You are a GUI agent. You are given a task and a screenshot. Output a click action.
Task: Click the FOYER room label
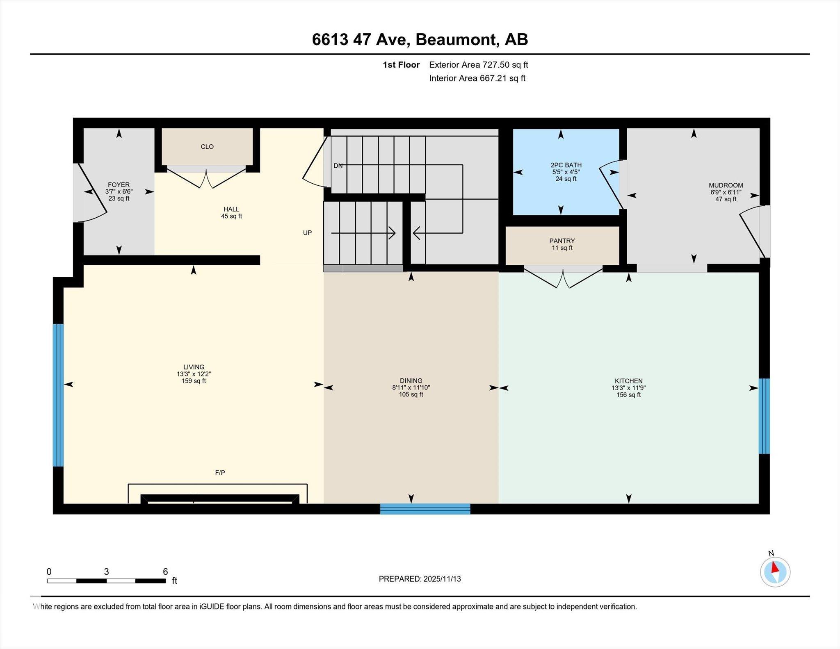coord(119,185)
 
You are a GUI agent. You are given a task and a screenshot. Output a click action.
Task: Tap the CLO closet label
coord(207,147)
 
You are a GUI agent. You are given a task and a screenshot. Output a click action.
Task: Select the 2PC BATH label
coord(566,165)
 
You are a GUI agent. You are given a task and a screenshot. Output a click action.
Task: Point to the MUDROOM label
coord(726,185)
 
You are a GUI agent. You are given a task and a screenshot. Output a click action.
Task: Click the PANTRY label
coord(562,241)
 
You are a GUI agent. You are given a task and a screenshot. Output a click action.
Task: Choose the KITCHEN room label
coord(628,381)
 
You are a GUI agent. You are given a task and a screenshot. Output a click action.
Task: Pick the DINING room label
coord(411,380)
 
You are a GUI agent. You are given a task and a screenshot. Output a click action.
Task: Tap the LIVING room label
coord(194,367)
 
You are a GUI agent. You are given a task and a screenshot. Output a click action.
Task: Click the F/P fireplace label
coord(220,473)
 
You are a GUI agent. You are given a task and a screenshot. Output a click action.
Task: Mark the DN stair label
coord(338,166)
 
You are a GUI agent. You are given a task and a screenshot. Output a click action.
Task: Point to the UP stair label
coord(307,232)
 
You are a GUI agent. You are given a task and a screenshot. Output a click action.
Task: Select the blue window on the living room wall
coord(58,395)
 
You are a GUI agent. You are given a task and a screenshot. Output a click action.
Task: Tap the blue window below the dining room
coord(425,509)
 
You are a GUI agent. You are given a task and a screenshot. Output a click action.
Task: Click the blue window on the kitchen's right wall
coord(764,416)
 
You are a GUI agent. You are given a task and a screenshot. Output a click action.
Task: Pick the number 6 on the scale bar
coord(165,572)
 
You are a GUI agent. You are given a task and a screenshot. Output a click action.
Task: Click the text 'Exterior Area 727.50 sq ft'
coord(479,65)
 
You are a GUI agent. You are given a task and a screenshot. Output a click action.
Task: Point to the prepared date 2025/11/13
coord(442,579)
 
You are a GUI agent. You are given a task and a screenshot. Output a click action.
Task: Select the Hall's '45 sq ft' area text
coord(231,216)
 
